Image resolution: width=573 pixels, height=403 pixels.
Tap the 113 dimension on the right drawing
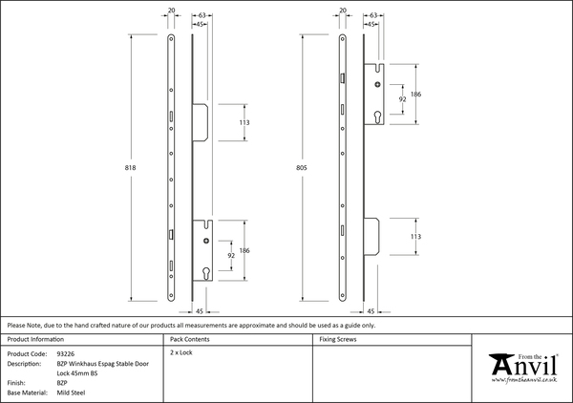coord(415,234)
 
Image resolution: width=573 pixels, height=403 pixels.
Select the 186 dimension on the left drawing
coord(244,249)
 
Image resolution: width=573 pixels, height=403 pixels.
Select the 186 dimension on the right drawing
coord(415,95)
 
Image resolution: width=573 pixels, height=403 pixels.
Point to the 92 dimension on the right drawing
coord(402,99)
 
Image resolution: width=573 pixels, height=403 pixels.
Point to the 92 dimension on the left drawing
coord(230,255)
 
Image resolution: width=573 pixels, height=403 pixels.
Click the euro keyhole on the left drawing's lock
coord(207,273)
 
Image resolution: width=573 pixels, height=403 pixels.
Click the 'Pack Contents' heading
coord(190,339)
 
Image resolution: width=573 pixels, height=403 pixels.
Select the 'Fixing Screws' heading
coord(339,339)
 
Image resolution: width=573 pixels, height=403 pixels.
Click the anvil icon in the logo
coord(500,366)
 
